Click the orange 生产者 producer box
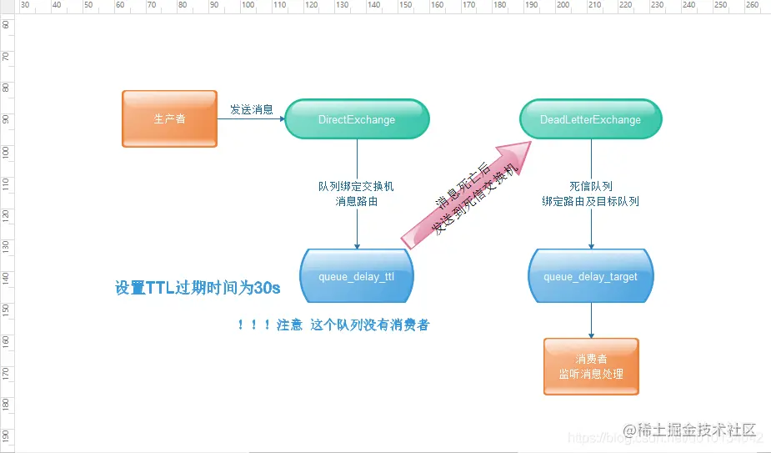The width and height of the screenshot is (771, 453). (169, 119)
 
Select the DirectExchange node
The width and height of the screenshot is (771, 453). (357, 119)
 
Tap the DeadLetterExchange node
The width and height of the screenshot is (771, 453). (590, 119)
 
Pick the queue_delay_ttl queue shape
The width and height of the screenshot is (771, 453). (356, 276)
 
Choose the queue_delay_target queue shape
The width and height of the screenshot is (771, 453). (590, 276)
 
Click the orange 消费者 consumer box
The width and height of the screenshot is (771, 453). (591, 366)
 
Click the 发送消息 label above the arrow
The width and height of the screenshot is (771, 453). (251, 109)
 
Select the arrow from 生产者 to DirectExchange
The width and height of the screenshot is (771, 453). (250, 119)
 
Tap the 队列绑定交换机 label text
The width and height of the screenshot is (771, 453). (357, 187)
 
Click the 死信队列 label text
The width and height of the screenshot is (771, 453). (591, 187)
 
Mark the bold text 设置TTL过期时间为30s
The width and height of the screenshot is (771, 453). (198, 289)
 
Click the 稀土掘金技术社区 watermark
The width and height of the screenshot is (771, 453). (697, 430)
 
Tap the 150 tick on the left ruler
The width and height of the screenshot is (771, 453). (7, 309)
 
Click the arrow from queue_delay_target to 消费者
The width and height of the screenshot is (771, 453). (591, 320)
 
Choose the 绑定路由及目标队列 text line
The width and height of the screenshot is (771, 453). (591, 202)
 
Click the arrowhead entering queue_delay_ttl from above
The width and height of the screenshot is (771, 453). (357, 245)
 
